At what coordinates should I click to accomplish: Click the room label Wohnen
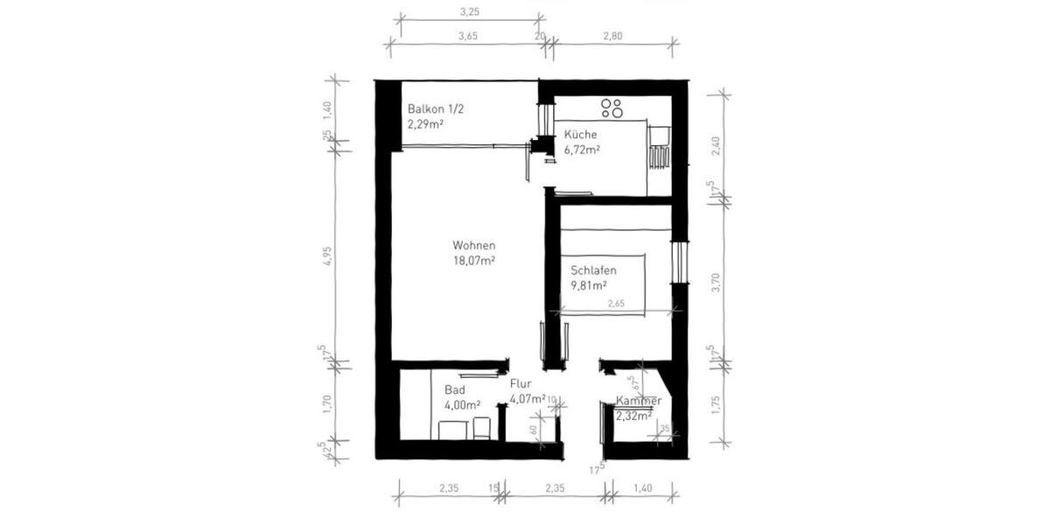(474, 245)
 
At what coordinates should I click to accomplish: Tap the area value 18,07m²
(474, 260)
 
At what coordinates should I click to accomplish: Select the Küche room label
(580, 135)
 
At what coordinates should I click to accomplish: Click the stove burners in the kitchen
(612, 108)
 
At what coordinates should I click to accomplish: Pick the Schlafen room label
(594, 270)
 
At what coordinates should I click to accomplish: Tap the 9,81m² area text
(590, 285)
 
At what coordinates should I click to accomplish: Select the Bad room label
(454, 389)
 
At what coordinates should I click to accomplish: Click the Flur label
(521, 383)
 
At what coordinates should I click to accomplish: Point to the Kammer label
(638, 401)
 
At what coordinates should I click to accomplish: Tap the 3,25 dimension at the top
(468, 13)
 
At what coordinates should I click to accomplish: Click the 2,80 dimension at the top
(612, 36)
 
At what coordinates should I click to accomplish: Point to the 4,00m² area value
(463, 405)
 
